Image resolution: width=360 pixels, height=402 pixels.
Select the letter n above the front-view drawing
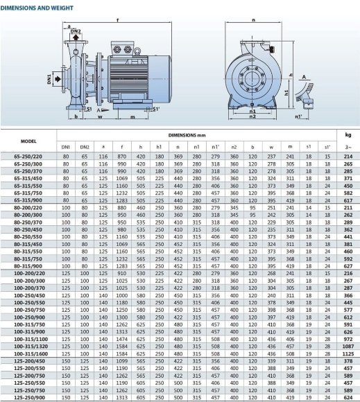[253, 19]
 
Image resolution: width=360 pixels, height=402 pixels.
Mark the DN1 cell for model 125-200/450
[67, 360]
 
